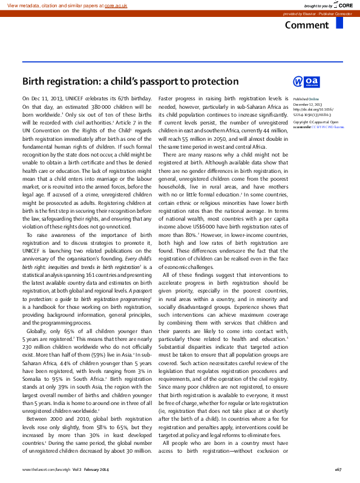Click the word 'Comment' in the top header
pyautogui.click(x=307, y=25)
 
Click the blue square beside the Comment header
pyautogui.click(x=339, y=23)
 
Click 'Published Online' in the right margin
pyautogui.click(x=306, y=99)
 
